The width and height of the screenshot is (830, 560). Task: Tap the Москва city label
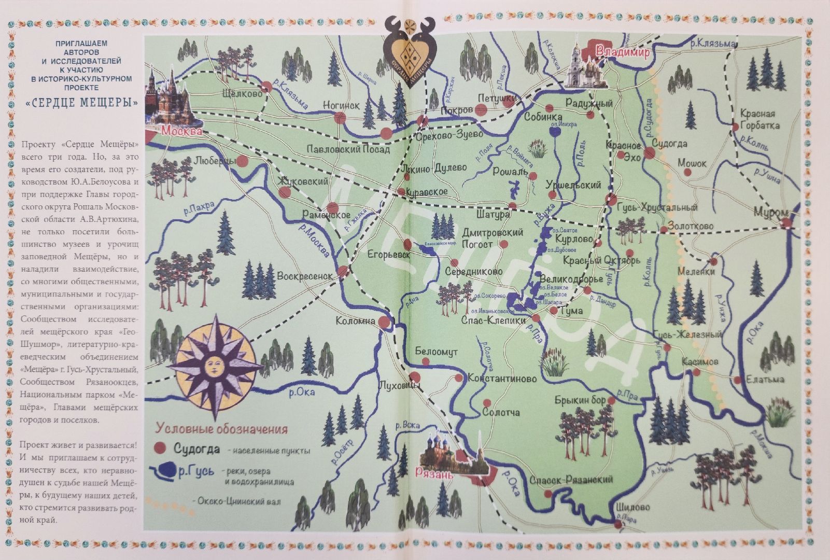181,132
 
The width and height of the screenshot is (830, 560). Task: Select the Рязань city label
434,473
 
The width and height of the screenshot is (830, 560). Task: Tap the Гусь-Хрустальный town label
657,207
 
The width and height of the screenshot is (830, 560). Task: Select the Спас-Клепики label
493,320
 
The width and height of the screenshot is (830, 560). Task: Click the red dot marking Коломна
384,322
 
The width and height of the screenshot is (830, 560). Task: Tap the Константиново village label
502,379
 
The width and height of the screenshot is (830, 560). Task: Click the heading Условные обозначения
222,429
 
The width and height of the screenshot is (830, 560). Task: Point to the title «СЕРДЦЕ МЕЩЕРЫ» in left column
82,103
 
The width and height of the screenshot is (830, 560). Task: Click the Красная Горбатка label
757,119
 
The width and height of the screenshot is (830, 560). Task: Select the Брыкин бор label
580,400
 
